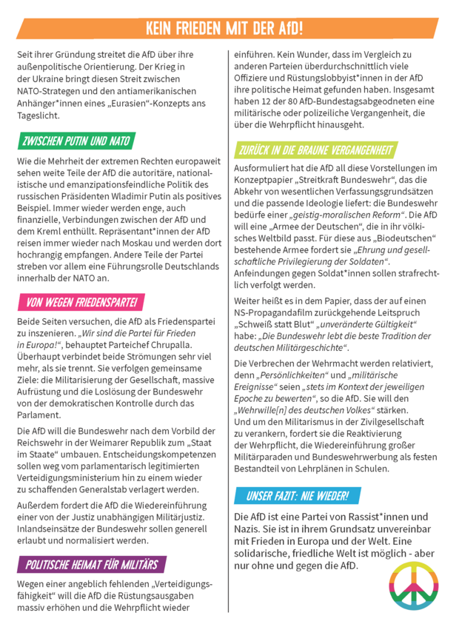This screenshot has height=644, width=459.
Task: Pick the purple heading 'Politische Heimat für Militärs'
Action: pos(91,565)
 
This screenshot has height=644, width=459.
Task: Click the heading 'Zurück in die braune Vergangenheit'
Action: pos(315,150)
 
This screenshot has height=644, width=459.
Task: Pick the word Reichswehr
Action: pos(47,442)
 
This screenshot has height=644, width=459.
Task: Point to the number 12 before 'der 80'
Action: pos(267,101)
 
